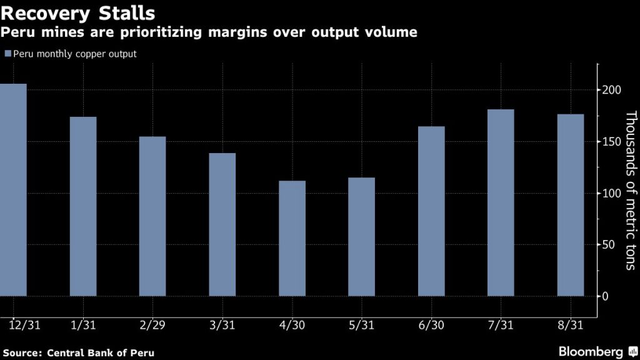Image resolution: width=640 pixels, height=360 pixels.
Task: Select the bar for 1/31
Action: click(x=83, y=206)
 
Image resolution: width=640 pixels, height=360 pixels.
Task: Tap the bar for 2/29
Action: click(x=152, y=216)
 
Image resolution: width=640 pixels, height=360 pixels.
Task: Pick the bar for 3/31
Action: click(x=222, y=224)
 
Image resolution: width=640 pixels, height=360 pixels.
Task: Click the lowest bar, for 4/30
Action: click(x=292, y=238)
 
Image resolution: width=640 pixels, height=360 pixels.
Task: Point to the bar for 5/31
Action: click(x=361, y=237)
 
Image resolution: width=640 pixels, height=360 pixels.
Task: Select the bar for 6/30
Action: click(x=431, y=211)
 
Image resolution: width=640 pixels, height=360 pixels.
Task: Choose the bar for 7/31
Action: click(x=501, y=202)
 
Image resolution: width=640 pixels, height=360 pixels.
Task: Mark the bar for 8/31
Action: click(x=570, y=205)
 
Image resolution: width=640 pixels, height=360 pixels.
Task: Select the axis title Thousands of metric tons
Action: click(x=630, y=191)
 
